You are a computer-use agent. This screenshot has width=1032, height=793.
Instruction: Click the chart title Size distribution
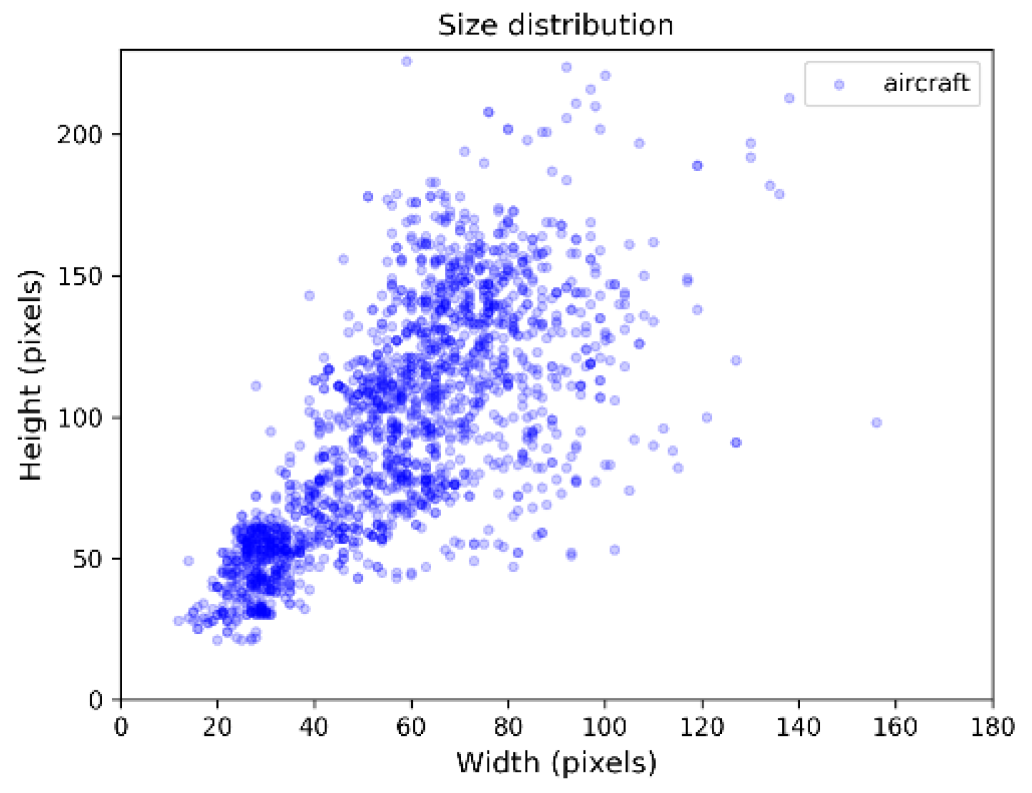point(555,26)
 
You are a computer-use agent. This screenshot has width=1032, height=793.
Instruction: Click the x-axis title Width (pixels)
point(556,763)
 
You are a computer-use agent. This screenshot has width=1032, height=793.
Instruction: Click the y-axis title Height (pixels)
point(31,375)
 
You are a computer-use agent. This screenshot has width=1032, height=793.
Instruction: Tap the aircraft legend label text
point(926,83)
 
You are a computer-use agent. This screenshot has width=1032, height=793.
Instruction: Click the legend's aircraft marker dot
point(839,85)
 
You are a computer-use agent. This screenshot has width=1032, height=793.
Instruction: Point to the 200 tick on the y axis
point(79,135)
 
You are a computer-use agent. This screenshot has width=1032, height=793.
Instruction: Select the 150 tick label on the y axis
point(79,276)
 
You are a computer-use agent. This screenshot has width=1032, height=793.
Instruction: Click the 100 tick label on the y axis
point(79,418)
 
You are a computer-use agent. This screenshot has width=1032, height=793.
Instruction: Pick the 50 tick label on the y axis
point(86,559)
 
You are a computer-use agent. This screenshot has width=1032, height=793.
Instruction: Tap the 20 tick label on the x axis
point(217,727)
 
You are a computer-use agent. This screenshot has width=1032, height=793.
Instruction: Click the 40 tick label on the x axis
point(314,727)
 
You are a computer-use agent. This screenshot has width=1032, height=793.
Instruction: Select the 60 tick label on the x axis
point(411,727)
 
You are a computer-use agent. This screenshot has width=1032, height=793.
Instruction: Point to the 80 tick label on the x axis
point(508,727)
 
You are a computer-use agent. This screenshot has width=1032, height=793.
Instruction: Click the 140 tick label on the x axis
point(798,727)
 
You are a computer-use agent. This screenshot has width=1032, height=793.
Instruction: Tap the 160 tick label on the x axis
point(895,727)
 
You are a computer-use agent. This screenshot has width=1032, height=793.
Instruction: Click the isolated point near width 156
point(877,423)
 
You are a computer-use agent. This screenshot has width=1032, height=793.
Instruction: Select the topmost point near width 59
point(407,61)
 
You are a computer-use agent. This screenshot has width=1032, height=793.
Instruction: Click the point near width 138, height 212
point(790,98)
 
